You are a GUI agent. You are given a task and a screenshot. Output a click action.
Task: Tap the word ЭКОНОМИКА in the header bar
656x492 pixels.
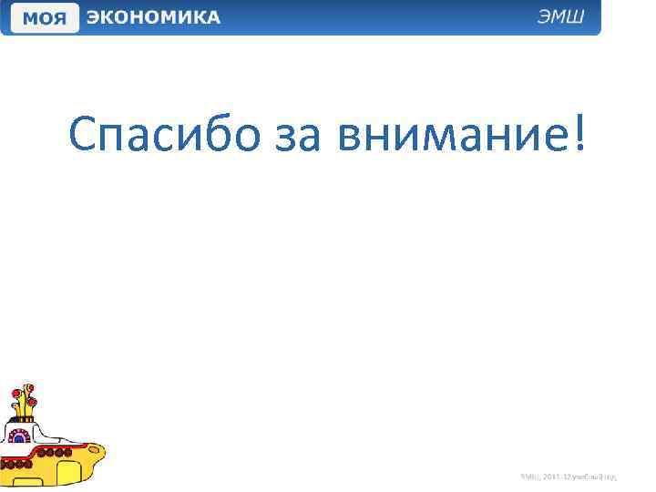153,18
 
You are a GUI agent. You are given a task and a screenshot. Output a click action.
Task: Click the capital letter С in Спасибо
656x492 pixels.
83,137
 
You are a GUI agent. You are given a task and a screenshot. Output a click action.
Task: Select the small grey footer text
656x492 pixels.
569,477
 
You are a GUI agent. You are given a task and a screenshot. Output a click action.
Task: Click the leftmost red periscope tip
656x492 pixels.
15,395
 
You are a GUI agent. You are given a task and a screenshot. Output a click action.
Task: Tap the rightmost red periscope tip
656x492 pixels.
33,401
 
